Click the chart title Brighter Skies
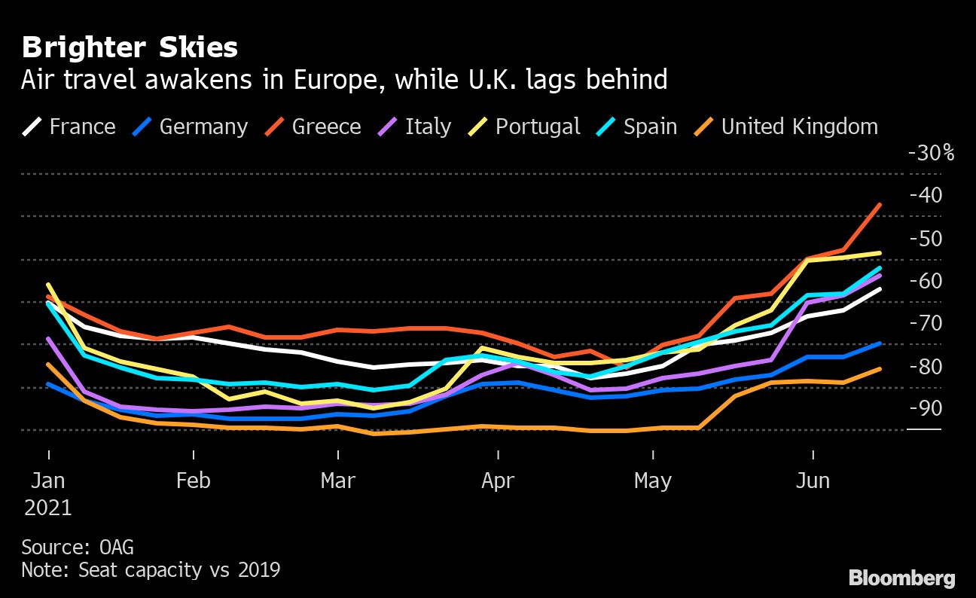tap(130, 48)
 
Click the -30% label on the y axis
tap(931, 153)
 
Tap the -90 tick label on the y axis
tap(925, 408)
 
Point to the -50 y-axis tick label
tap(925, 239)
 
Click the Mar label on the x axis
tap(338, 481)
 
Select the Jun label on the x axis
tap(813, 481)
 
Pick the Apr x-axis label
tap(498, 481)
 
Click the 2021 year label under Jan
tap(48, 508)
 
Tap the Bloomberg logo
tap(902, 578)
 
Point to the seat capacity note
tap(151, 570)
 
